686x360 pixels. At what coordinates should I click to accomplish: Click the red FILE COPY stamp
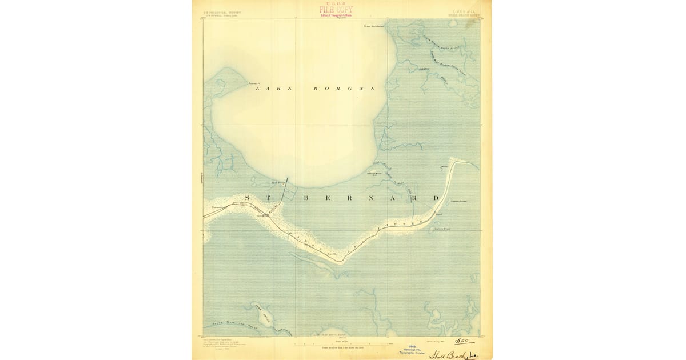pyautogui.click(x=336, y=9)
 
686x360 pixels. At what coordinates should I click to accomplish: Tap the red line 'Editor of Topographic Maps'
pyautogui.click(x=336, y=15)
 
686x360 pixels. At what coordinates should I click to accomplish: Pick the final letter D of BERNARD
pyautogui.click(x=436, y=198)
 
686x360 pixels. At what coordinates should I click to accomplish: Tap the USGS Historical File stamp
pyautogui.click(x=412, y=350)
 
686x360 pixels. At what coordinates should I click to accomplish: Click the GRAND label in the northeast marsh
pyautogui.click(x=424, y=69)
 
